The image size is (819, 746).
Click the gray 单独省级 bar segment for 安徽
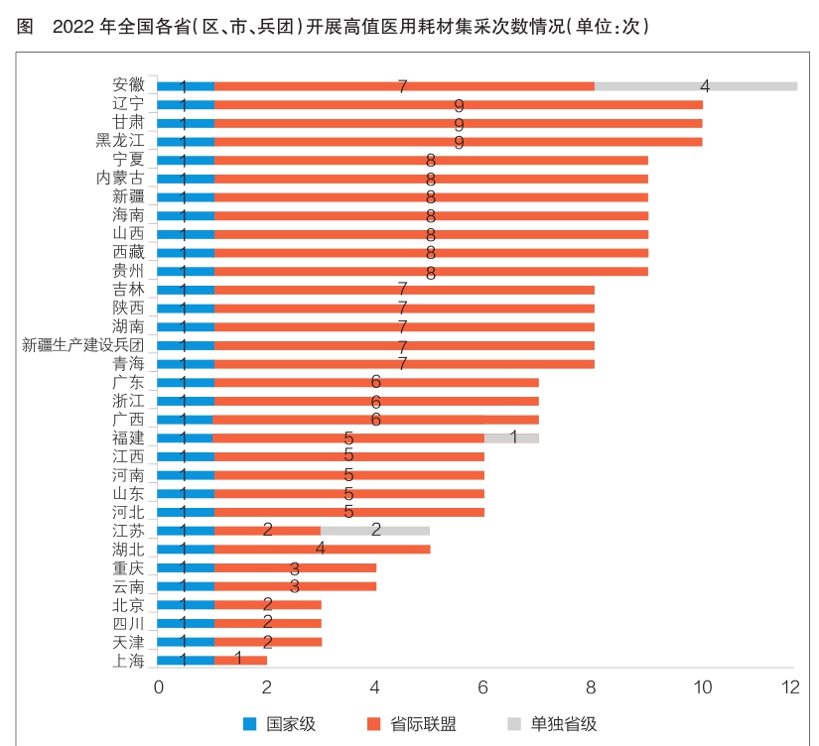pos(695,86)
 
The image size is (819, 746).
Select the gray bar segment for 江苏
pos(374,530)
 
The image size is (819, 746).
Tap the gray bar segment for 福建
pos(511,437)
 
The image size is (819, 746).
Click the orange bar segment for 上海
pos(240,659)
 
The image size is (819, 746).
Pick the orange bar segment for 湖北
pos(322,549)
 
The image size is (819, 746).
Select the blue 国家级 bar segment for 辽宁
pos(186,104)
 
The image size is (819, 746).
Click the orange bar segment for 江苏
pos(267,530)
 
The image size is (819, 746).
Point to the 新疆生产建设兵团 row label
pos(83,345)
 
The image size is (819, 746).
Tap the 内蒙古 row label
pos(120,179)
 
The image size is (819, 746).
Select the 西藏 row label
pos(129,252)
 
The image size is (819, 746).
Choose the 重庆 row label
pos(129,567)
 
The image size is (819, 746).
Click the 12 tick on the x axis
pos(791,686)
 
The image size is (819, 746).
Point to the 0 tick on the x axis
pos(158,686)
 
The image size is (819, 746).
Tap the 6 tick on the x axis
pos(483,686)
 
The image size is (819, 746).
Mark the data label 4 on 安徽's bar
pos(705,85)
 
